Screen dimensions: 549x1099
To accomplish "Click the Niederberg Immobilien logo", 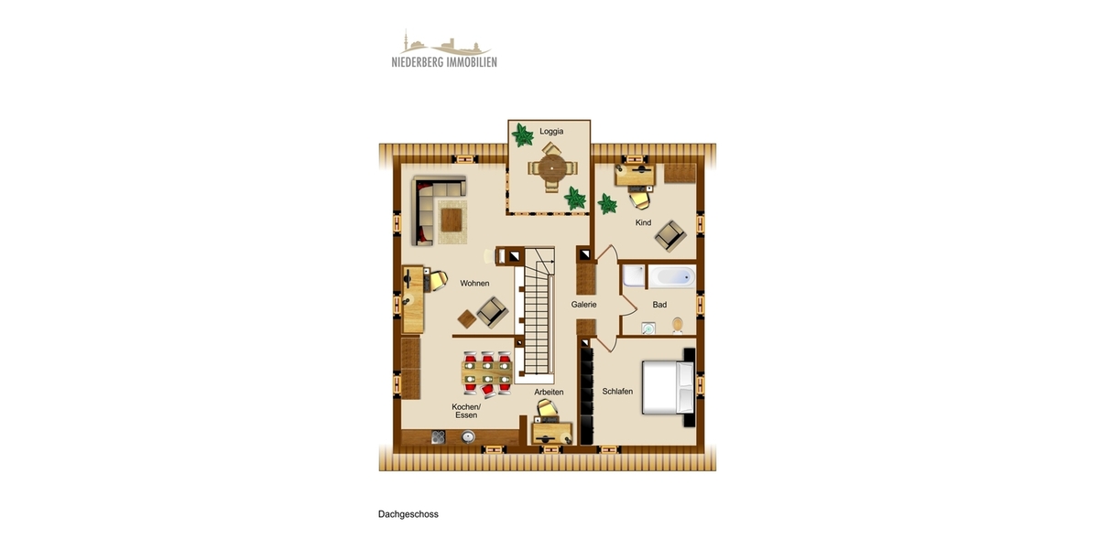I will [x=444, y=49].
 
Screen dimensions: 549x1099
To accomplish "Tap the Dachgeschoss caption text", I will [x=408, y=514].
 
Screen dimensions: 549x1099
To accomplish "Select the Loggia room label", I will [x=551, y=132].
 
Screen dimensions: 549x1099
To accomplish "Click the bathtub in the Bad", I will [x=659, y=276].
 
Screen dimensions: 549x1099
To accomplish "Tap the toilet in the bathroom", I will [x=678, y=325].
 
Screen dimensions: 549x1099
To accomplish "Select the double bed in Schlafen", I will [x=670, y=386].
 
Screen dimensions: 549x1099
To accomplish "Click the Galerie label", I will [x=584, y=305].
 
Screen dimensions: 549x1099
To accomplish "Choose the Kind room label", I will [x=643, y=223].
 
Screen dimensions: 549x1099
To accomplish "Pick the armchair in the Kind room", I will [x=669, y=237].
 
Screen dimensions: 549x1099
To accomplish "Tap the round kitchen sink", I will [x=469, y=437].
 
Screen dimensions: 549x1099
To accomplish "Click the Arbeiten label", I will [x=549, y=392].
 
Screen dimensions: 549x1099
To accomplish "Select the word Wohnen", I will [x=474, y=284].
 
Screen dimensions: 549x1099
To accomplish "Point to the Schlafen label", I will [x=617, y=392].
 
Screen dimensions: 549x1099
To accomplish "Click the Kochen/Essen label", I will [x=466, y=411].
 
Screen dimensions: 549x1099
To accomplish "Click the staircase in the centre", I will [x=539, y=316].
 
